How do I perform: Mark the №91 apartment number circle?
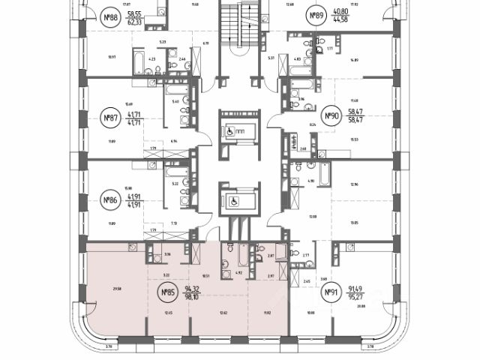(327, 292)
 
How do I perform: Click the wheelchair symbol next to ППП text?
(229, 129)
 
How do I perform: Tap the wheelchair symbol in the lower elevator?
(233, 200)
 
